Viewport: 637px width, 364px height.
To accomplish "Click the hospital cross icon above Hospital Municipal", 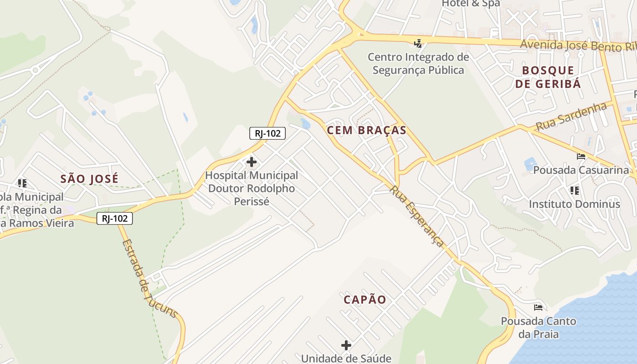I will [x=251, y=162].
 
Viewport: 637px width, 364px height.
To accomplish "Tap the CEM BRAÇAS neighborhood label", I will [x=366, y=131].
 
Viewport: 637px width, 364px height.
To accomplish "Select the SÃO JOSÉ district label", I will [x=89, y=179].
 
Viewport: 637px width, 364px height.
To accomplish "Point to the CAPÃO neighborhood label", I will [x=365, y=299].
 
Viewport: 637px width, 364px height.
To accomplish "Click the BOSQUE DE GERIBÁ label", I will [x=551, y=77].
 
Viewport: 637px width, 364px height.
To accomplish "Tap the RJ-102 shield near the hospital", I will [x=268, y=133].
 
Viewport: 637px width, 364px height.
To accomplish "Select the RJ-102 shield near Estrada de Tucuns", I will [x=115, y=218].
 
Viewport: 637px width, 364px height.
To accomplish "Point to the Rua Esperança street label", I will [x=416, y=216].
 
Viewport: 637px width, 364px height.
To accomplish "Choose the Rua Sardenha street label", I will [x=571, y=116].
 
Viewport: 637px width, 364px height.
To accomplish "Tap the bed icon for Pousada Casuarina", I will [x=581, y=157].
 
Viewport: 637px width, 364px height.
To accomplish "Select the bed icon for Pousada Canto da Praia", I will [x=538, y=307].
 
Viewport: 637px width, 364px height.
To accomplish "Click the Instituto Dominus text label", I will [x=574, y=204].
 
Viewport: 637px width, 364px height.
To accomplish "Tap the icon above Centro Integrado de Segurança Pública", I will [x=418, y=44].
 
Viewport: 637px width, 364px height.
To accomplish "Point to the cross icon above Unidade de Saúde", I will [x=346, y=345].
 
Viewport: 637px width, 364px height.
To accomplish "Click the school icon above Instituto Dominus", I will [x=574, y=190].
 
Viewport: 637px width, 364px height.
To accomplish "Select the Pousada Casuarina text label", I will [x=581, y=170].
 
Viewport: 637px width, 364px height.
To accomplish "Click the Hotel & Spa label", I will [x=471, y=4].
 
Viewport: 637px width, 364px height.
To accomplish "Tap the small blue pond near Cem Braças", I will [x=306, y=123].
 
